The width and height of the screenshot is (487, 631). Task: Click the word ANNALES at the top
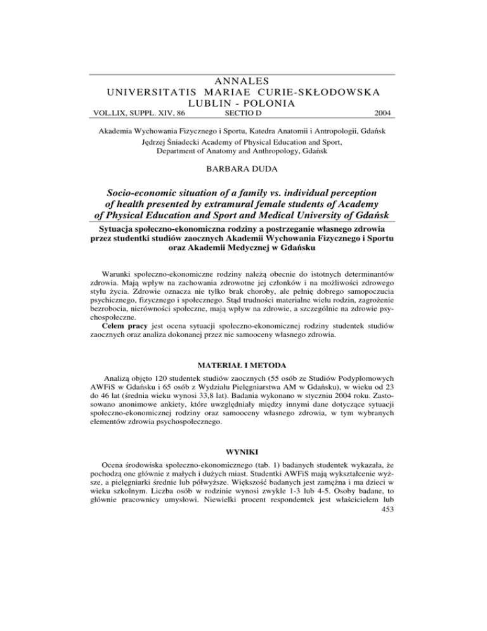pyautogui.click(x=243, y=80)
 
